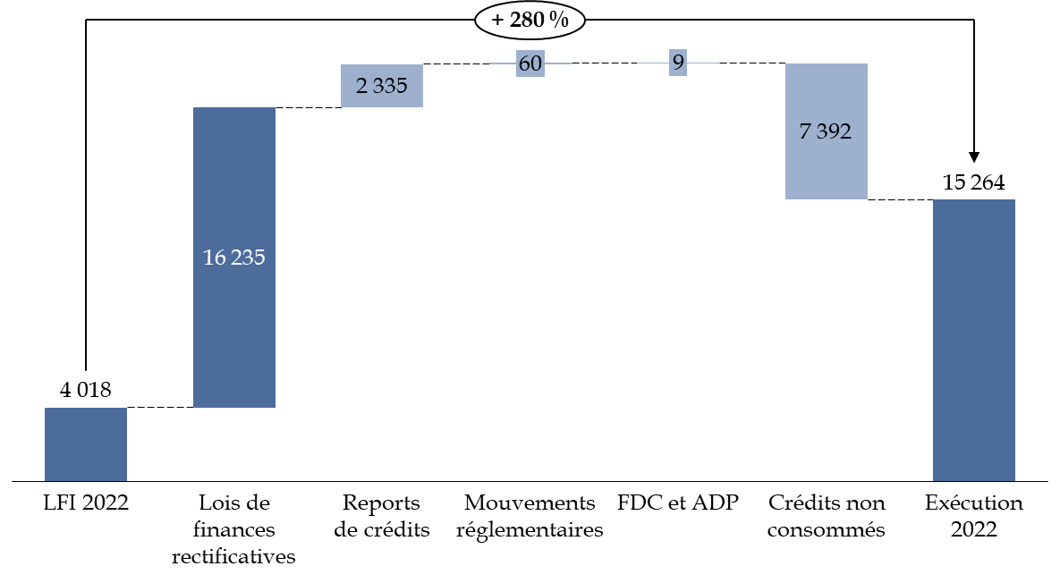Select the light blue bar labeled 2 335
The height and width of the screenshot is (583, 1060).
pos(382,86)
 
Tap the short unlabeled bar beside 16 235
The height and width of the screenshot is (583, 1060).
pos(86,444)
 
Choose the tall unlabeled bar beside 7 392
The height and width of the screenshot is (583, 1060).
pos(973,340)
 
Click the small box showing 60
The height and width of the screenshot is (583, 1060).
pos(530,63)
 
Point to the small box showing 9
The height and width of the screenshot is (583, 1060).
pos(678,63)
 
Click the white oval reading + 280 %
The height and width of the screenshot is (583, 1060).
pos(530,21)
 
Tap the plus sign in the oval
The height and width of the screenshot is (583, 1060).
pos(497,21)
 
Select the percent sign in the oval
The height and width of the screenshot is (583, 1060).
pos(560,21)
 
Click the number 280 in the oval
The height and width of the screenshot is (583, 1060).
pos(528,21)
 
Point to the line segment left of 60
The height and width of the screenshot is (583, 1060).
pos(503,63)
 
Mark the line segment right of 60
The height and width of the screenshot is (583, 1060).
pos(558,63)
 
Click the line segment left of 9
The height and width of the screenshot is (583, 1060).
pos(652,63)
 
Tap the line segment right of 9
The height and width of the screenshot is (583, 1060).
pos(703,63)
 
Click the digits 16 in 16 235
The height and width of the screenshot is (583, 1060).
pos(216,258)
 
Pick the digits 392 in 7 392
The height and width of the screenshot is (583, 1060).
pos(834,132)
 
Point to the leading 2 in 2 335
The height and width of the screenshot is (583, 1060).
pos(361,86)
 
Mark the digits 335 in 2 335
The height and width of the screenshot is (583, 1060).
pos(390,86)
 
